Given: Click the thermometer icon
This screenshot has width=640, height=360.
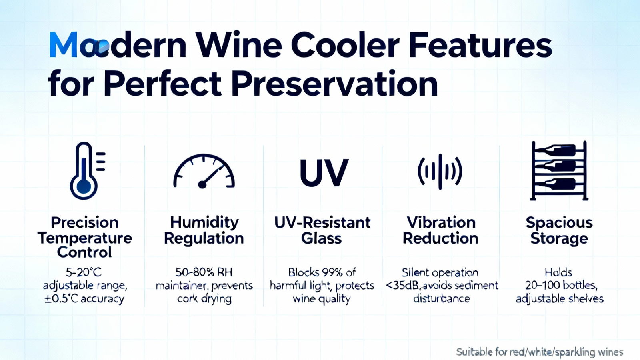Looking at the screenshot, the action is point(84,172).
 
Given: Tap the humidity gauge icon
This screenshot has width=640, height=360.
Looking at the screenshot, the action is point(204,172).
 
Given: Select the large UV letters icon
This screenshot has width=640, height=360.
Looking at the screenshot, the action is point(324,172).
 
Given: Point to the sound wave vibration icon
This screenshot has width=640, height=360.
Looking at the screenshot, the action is point(440,172).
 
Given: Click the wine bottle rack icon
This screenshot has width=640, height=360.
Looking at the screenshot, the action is point(559,170).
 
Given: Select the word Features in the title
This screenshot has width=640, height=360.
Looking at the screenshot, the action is point(480,45).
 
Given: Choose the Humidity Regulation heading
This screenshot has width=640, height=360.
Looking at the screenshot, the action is point(204,230).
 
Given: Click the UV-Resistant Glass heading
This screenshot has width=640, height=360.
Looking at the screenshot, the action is point(322,230).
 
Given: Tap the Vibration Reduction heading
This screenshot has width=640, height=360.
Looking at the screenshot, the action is point(440,230).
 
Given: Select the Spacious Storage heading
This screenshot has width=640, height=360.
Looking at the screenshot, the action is point(559,230).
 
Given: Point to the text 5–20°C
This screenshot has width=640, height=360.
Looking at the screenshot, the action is point(84,272).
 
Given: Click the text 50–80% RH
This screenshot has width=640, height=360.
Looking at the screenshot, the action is point(204,272).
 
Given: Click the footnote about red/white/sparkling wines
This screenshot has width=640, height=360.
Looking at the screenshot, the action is point(540,352).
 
